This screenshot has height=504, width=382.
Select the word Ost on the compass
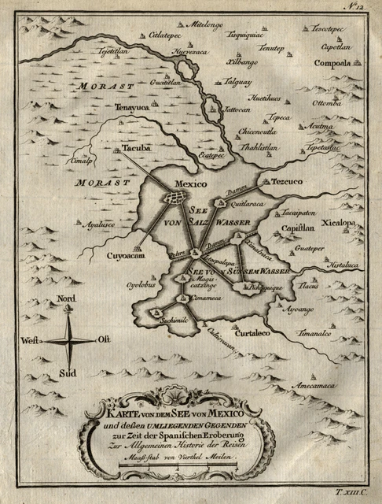point(104,339)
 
